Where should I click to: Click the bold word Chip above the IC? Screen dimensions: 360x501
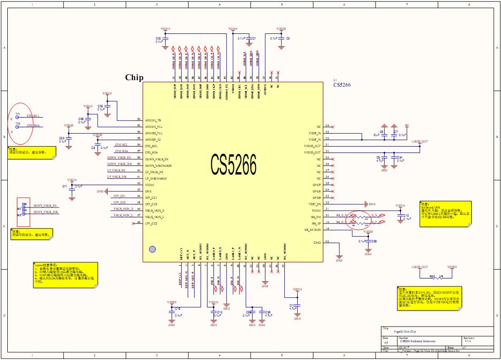coord(134,77)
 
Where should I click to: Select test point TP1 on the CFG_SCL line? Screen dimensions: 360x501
coord(18,117)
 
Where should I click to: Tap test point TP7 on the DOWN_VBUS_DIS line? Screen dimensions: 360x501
coord(25,214)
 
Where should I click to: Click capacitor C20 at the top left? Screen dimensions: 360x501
coord(165,40)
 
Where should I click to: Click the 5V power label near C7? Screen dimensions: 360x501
coord(406,125)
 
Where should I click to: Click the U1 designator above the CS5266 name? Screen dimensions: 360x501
coord(336,79)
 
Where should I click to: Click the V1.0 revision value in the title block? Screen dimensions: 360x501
coord(468,341)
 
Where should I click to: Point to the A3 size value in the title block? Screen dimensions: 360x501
coord(386,342)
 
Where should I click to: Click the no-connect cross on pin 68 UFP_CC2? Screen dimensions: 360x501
coord(139,222)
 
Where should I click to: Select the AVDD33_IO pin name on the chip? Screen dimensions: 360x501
coord(153,139)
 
